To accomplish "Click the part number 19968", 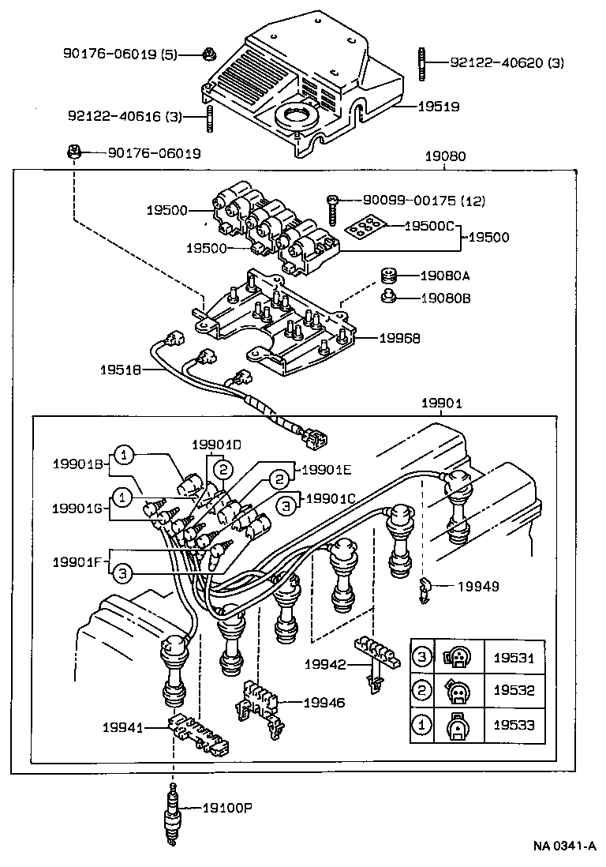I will [399, 337].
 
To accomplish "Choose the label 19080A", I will [444, 276].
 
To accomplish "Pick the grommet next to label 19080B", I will [388, 298].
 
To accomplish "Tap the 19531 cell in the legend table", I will [514, 657].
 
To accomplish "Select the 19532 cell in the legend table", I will [514, 691].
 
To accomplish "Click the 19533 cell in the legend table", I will [514, 725].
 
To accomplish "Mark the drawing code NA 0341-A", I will [563, 846].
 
